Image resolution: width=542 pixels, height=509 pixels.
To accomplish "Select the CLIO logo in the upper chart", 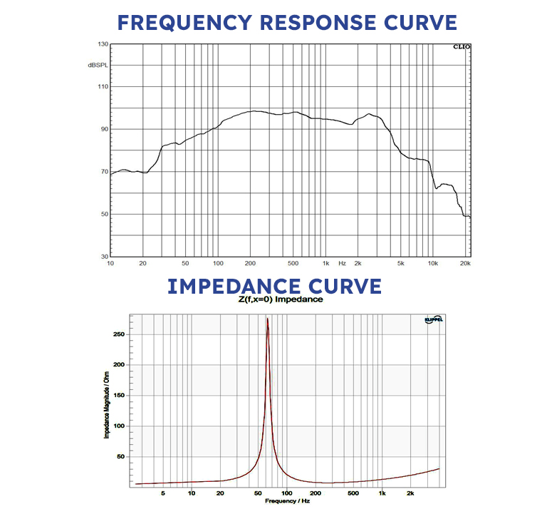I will [x=462, y=48].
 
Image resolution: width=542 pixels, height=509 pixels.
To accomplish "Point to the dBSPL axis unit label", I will [x=98, y=65].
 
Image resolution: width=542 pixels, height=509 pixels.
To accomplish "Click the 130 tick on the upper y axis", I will [x=103, y=44].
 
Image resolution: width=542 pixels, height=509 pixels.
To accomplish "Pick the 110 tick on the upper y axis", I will [x=103, y=87].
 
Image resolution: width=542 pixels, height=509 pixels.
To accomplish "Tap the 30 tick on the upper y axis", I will [x=104, y=256].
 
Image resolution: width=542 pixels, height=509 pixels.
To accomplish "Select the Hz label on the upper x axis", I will [x=342, y=264].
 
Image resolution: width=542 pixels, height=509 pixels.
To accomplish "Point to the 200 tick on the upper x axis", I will [x=251, y=264].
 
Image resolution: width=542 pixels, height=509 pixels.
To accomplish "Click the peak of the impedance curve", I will [x=267, y=319].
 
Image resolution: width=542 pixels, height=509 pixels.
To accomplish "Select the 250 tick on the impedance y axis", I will [x=120, y=334].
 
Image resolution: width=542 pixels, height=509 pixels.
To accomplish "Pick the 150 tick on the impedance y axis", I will [x=120, y=395].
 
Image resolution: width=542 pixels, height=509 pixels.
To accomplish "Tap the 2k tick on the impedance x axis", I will [x=410, y=493].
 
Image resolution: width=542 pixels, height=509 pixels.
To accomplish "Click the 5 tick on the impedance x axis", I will [x=163, y=493].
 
